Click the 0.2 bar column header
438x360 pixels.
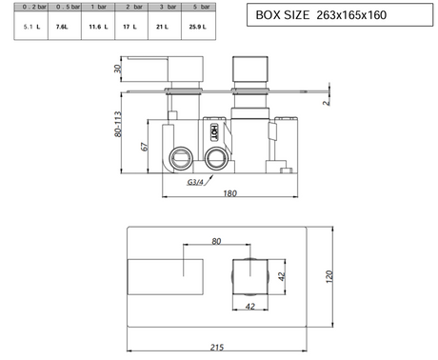point(34,7)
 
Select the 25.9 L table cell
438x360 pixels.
point(197,27)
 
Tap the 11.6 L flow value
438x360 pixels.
point(98,27)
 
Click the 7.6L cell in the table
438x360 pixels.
point(62,27)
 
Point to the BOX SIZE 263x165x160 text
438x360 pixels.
point(321,15)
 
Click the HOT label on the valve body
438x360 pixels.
point(214,132)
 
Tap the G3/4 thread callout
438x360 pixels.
point(195,182)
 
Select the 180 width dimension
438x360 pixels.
point(229,193)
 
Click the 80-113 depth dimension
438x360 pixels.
point(118,124)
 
